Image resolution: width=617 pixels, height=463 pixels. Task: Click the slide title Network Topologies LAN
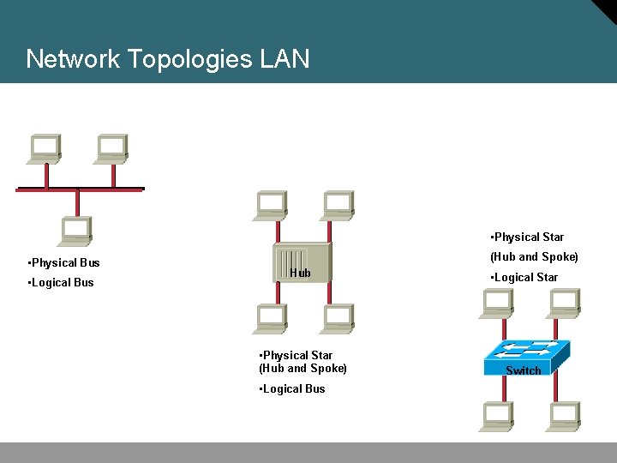[x=168, y=59]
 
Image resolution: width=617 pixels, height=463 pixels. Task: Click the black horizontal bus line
[x=80, y=188]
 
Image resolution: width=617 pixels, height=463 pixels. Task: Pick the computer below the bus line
[x=77, y=231]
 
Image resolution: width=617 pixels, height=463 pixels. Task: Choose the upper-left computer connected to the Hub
[x=271, y=204]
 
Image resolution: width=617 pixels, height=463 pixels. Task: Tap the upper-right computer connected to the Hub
[x=337, y=204]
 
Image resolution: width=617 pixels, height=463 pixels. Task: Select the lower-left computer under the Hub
[x=271, y=318]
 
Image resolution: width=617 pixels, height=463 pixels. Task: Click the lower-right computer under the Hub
[x=337, y=318]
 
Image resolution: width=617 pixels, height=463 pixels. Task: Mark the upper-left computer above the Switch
[x=498, y=303]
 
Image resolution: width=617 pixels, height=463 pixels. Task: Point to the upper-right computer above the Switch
[x=564, y=303]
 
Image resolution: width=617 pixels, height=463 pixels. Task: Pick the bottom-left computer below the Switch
[x=498, y=416]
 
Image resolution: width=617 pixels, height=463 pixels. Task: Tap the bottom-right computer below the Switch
[x=564, y=416]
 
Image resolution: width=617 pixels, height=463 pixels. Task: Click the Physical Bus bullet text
[x=64, y=262]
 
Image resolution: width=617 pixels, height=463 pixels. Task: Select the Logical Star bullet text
[x=524, y=277]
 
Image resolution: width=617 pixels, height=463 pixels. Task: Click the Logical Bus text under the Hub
[x=292, y=388]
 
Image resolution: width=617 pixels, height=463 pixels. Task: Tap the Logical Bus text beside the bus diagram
[x=61, y=282]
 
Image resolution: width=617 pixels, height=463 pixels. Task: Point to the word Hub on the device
[x=300, y=274]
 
